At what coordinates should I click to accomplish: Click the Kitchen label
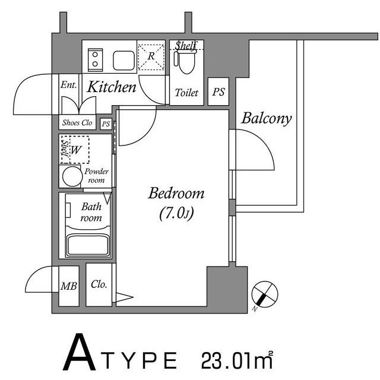click(x=112, y=88)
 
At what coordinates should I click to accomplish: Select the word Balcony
click(x=267, y=118)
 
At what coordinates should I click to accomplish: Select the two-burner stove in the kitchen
click(x=94, y=59)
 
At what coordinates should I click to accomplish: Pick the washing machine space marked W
click(x=75, y=151)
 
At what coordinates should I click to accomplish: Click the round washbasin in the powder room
click(x=72, y=176)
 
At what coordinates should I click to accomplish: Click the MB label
click(x=69, y=286)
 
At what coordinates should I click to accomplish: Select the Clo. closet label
click(x=99, y=284)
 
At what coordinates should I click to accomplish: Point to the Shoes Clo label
click(x=78, y=123)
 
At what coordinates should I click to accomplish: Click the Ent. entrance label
click(x=68, y=85)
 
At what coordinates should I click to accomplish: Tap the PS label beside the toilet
click(x=218, y=92)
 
